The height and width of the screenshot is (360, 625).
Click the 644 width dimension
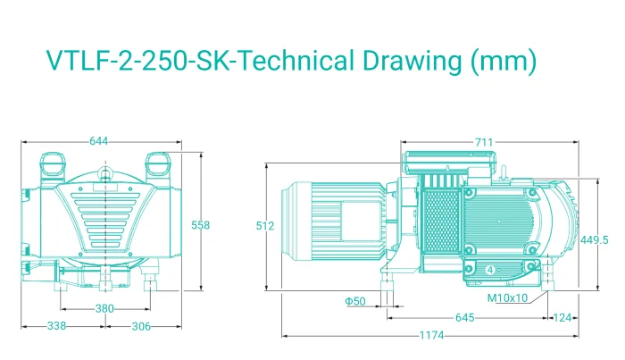98,141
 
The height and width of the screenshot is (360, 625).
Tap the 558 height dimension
200,225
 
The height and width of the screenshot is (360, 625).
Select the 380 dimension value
104,308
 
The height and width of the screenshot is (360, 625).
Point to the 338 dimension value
56,326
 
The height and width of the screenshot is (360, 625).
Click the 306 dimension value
141,327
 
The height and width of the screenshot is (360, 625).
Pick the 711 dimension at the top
484,142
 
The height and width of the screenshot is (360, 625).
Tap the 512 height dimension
265,226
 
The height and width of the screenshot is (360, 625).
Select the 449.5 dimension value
595,240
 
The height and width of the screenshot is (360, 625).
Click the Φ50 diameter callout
355,301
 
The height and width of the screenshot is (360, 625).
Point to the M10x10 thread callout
507,297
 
